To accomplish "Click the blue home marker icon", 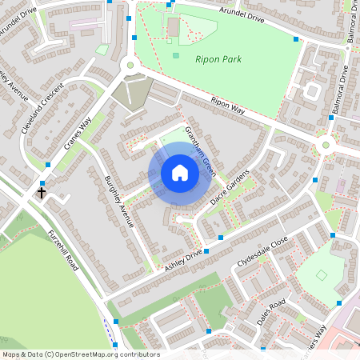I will [180, 173].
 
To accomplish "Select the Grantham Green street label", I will [200, 150].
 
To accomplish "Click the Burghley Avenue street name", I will [118, 200].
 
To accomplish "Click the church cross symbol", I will [41, 193].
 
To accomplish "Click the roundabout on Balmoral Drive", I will [326, 145].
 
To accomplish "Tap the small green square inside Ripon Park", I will [176, 55].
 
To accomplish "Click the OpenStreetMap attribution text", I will [80, 354].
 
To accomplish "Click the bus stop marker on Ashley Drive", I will [206, 251].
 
